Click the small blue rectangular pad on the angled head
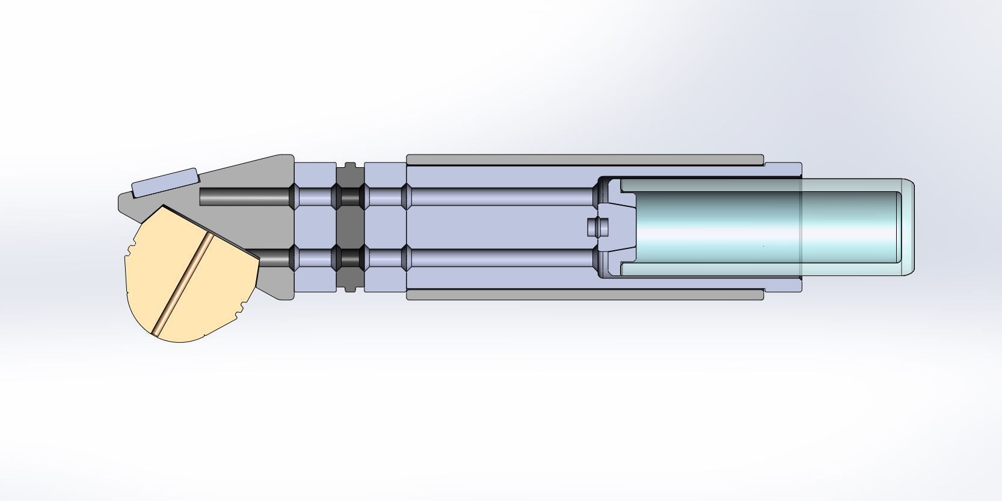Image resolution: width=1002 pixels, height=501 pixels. [x=165, y=183]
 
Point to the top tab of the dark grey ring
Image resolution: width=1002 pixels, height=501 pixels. [x=350, y=165]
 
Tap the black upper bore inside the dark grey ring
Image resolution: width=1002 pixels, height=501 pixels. [x=350, y=197]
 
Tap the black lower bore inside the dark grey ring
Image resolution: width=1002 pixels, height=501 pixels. [x=350, y=258]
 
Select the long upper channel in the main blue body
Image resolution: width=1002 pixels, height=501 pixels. [x=499, y=197]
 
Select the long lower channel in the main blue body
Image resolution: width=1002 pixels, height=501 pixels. [x=499, y=258]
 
